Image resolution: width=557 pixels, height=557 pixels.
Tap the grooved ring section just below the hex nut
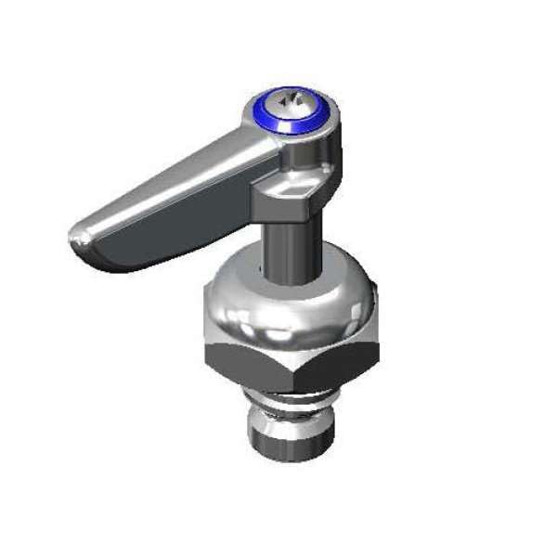coord(297,394)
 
